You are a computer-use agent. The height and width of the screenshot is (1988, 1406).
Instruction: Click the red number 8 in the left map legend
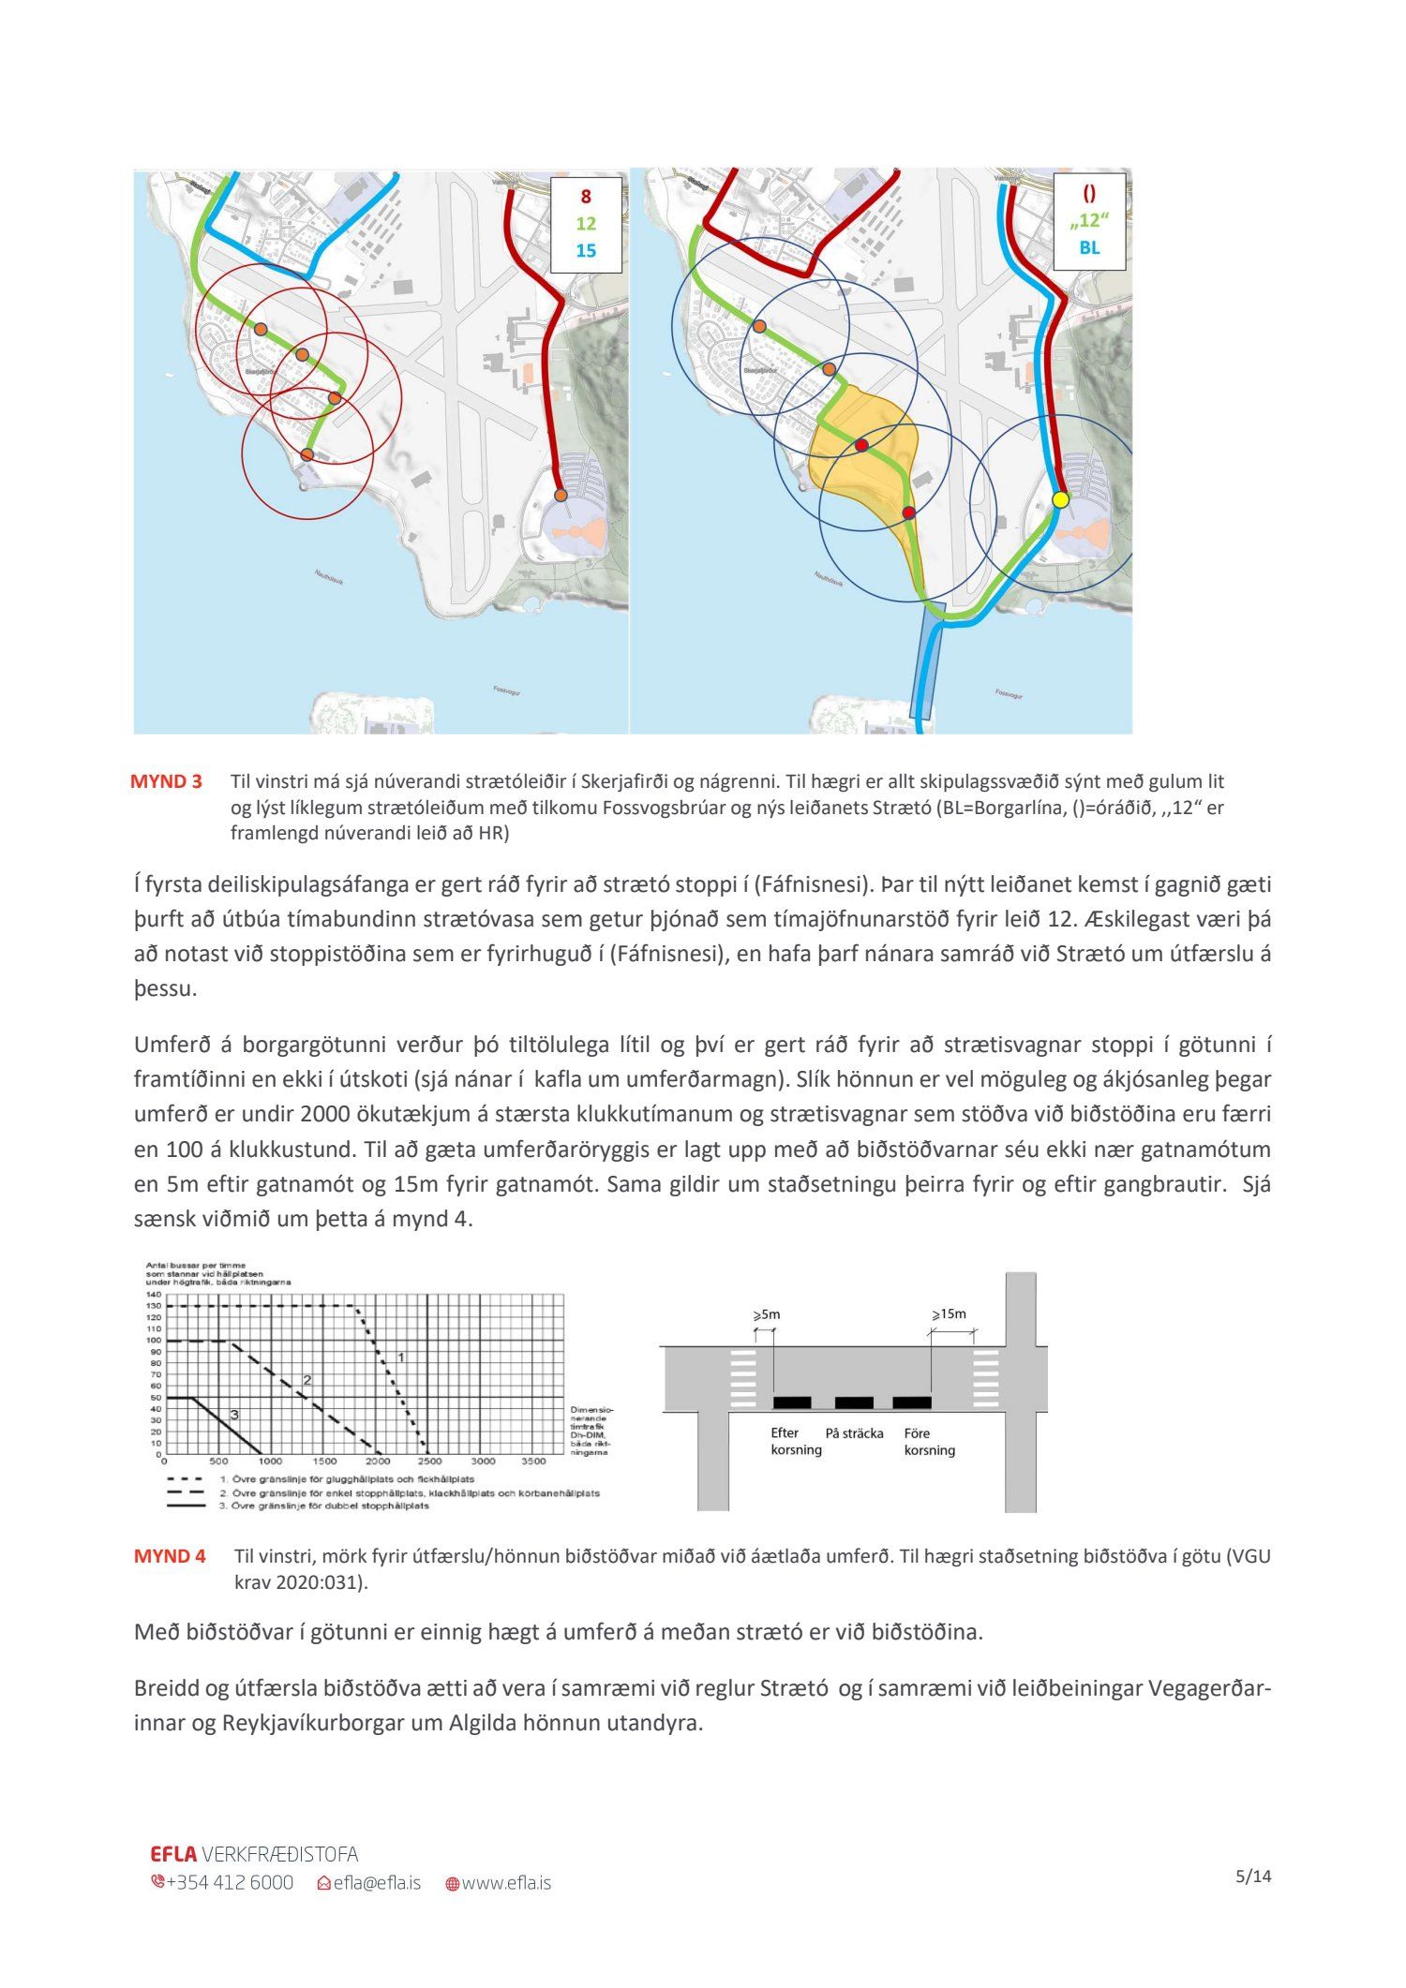[x=586, y=197]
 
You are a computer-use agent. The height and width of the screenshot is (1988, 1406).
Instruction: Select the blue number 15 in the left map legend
[x=586, y=250]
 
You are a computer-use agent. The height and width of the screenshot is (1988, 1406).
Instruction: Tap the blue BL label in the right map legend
[x=1089, y=247]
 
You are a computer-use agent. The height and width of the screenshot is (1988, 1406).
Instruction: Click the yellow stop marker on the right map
[x=1060, y=499]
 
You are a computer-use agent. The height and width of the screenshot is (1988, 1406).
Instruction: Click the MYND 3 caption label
[x=166, y=781]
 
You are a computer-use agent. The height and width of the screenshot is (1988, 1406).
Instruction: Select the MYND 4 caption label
[x=170, y=1556]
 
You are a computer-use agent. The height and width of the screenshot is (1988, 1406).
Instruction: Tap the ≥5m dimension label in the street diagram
[x=766, y=1314]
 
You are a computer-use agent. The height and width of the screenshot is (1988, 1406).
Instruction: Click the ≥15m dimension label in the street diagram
[x=949, y=1313]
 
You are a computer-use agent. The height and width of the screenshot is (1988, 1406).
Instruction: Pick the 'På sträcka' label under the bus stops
[x=854, y=1433]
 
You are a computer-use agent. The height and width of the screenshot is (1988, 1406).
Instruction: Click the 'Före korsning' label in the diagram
[x=929, y=1442]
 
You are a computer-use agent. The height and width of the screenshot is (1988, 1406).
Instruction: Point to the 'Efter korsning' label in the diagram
[x=796, y=1442]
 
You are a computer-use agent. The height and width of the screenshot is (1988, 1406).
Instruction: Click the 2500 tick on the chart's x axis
[x=428, y=1461]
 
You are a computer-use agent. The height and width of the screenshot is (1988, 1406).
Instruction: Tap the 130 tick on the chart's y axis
[x=154, y=1306]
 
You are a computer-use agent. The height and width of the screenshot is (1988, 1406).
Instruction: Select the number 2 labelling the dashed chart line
[x=307, y=1380]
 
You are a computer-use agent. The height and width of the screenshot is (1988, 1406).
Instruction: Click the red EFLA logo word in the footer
[x=173, y=1854]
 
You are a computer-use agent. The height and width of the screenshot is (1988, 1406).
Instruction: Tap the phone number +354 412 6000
[x=229, y=1882]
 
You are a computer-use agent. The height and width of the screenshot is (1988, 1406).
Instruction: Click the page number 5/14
[x=1253, y=1877]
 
